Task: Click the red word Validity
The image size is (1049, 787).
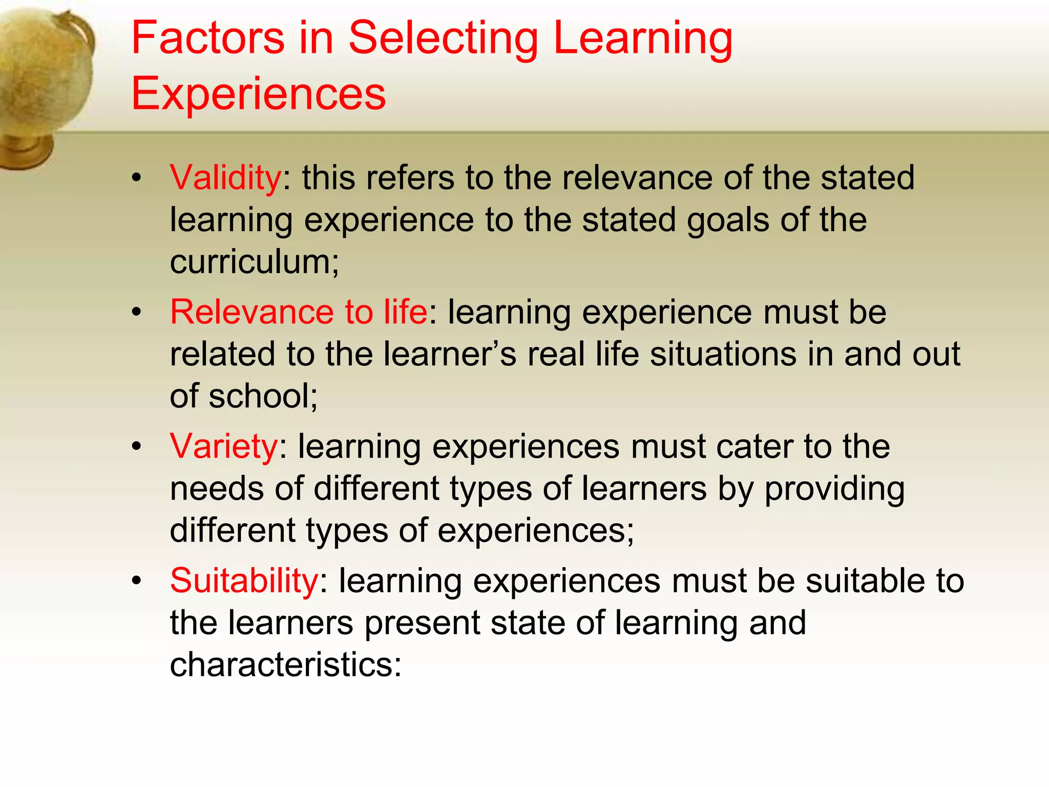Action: pos(225,178)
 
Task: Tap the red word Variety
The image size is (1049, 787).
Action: pos(224,446)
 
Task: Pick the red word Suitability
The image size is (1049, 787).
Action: pos(244,581)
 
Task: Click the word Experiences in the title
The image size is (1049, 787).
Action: pos(259,93)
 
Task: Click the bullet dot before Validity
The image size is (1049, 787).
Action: pos(136,178)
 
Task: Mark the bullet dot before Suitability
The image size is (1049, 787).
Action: pos(136,581)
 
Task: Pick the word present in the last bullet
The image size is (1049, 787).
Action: pos(422,623)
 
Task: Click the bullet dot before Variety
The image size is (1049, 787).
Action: pos(136,446)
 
